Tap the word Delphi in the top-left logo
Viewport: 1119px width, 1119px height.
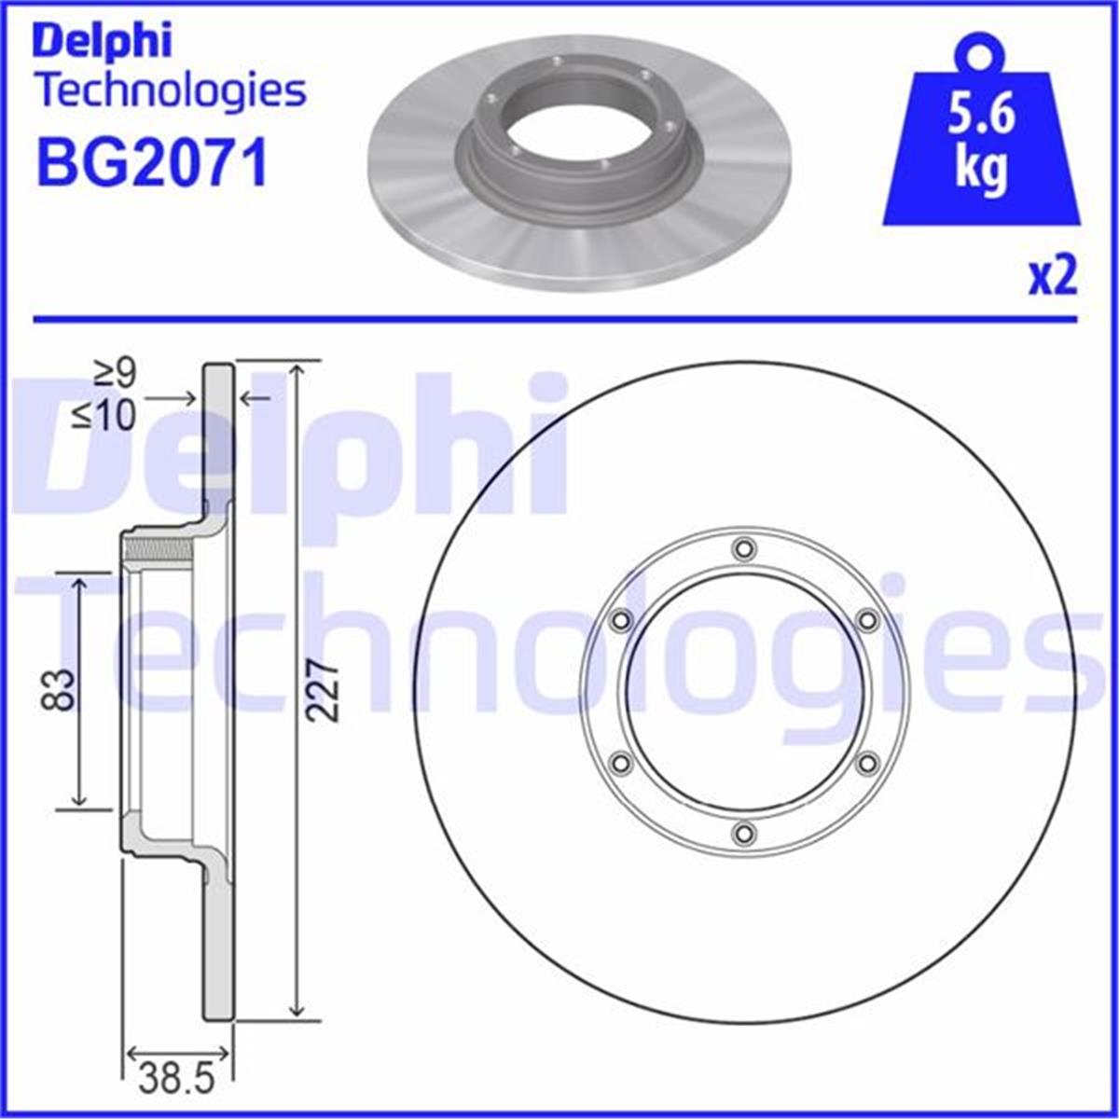pyautogui.click(x=103, y=41)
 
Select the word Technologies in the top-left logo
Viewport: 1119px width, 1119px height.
pyautogui.click(x=171, y=91)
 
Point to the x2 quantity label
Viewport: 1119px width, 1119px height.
pyautogui.click(x=1053, y=277)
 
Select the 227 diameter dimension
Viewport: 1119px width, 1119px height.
pyautogui.click(x=323, y=690)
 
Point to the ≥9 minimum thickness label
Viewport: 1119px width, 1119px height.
pyautogui.click(x=117, y=375)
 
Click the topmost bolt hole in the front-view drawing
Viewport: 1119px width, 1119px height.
pyautogui.click(x=743, y=549)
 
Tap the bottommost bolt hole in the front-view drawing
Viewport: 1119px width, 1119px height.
pyautogui.click(x=743, y=833)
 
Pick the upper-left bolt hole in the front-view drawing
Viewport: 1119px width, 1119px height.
pyautogui.click(x=620, y=620)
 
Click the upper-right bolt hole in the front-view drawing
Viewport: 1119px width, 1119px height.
pyautogui.click(x=866, y=620)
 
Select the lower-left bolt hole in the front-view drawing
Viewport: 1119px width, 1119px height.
pyautogui.click(x=620, y=764)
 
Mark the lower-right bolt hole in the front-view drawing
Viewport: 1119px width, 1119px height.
pyautogui.click(x=866, y=764)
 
